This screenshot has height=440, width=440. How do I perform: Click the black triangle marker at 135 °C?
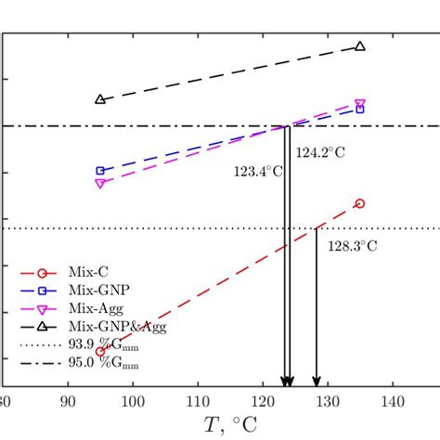(360, 46)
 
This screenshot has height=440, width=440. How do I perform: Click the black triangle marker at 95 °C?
(100, 99)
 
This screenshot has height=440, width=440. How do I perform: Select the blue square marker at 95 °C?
(100, 171)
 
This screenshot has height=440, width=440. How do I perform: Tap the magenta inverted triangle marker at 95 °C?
(100, 183)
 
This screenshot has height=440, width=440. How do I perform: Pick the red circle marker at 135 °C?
(360, 203)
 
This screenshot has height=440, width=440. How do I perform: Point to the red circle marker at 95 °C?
(100, 352)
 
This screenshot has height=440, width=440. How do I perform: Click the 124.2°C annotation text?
(320, 153)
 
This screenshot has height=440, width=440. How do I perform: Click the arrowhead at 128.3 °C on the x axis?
(317, 381)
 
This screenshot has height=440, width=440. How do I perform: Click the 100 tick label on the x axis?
(133, 403)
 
